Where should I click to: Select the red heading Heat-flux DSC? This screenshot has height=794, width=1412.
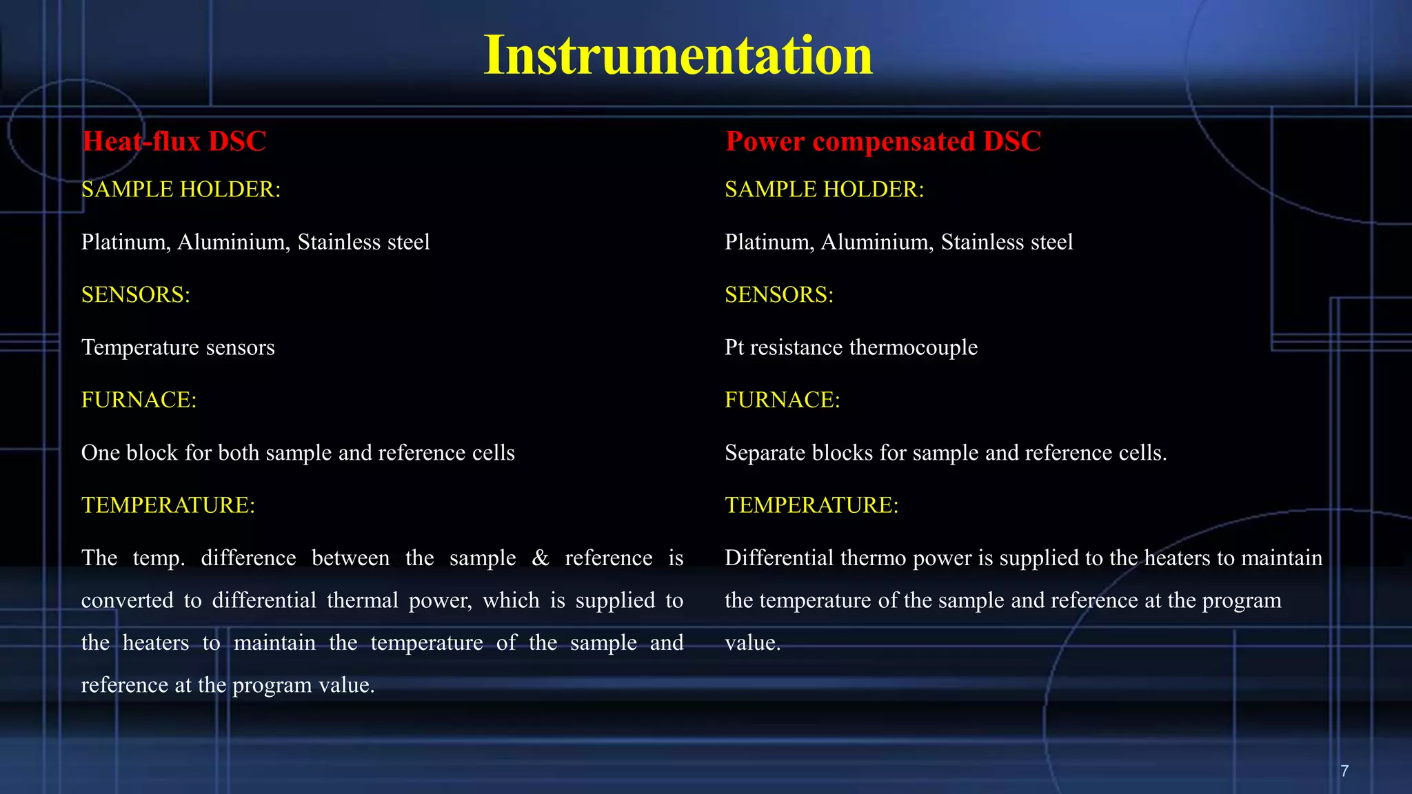point(174,141)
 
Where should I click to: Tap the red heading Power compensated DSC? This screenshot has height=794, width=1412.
point(882,141)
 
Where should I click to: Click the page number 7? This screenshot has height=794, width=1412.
point(1344,771)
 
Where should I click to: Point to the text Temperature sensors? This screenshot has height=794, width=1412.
point(178,347)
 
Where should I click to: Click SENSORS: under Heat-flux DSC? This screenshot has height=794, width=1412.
point(136,295)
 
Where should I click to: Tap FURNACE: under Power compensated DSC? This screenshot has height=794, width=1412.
point(782,400)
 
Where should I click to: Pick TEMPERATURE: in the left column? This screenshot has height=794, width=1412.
point(168,505)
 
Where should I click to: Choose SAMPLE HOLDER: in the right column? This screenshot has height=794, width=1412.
point(824,190)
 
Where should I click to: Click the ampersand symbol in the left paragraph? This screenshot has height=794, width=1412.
point(541,558)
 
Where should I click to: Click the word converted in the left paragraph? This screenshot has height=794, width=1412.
point(128,601)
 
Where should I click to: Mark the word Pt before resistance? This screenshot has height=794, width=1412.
point(734,347)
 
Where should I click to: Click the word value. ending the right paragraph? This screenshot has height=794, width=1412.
point(752,643)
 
